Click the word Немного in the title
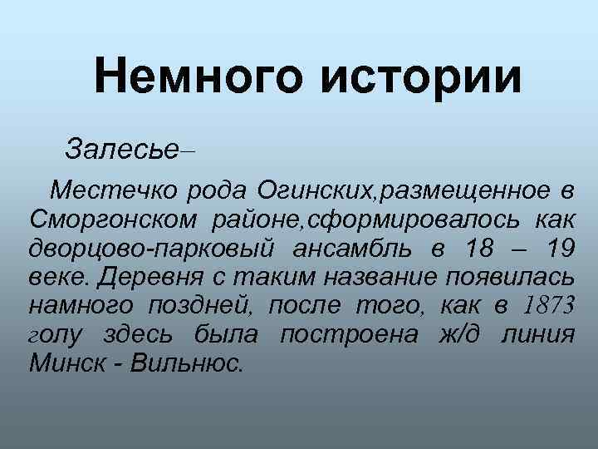(x=197, y=77)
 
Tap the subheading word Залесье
(x=121, y=150)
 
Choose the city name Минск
(x=63, y=363)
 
